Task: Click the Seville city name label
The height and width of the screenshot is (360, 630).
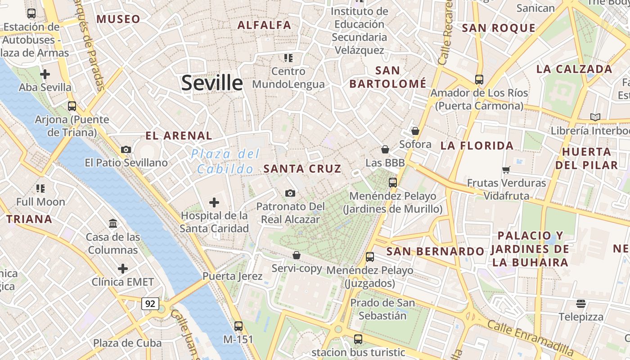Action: click(x=212, y=83)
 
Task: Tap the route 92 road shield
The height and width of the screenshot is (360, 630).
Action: click(x=150, y=304)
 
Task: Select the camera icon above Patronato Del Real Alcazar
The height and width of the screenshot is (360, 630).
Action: click(x=290, y=193)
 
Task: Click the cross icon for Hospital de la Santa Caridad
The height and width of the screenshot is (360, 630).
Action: click(x=214, y=202)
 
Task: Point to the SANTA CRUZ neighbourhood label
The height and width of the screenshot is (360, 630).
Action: click(x=302, y=169)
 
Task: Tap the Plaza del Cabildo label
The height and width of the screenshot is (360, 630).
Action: click(x=225, y=162)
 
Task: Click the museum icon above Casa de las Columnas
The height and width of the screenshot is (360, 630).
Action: click(x=113, y=223)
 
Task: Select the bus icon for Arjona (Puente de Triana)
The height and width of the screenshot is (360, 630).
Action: click(x=72, y=106)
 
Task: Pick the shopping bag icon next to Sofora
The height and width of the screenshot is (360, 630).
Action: click(x=415, y=131)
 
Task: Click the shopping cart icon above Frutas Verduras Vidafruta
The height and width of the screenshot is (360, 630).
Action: click(x=506, y=170)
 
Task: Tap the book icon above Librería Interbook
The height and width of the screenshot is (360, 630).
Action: click(x=595, y=117)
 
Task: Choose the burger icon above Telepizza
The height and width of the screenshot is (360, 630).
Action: click(x=581, y=303)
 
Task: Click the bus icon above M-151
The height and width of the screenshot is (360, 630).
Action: click(x=238, y=326)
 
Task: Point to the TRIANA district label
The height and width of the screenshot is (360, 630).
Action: click(x=29, y=220)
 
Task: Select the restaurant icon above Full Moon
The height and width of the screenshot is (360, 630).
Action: click(x=40, y=188)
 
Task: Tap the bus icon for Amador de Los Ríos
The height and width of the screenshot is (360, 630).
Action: click(x=479, y=79)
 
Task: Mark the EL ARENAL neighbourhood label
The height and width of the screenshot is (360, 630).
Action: click(x=179, y=135)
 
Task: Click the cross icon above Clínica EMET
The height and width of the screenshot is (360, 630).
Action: click(x=123, y=269)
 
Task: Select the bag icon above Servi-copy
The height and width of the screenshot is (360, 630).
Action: click(x=297, y=255)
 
